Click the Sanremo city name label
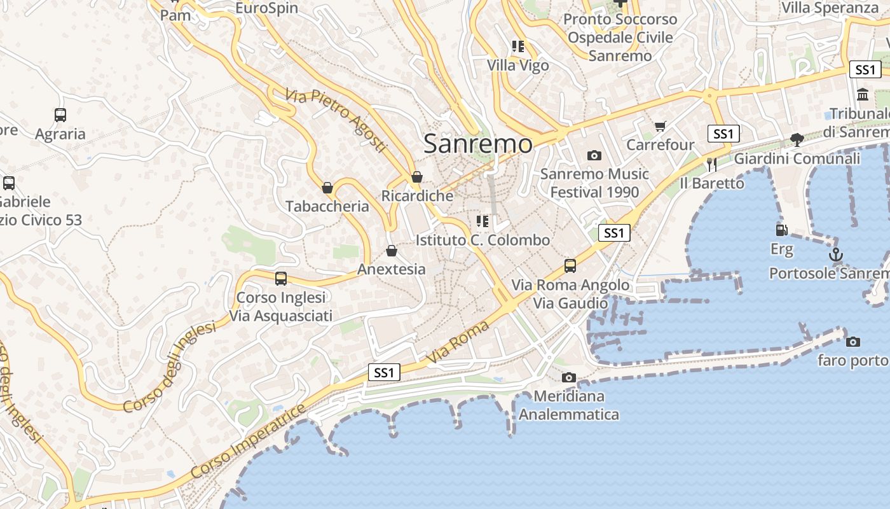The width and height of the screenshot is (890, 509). click(477, 144)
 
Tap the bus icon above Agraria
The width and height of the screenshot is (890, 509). click(60, 115)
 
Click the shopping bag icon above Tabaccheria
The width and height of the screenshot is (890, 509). click(327, 188)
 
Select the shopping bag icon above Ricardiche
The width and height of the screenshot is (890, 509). click(417, 177)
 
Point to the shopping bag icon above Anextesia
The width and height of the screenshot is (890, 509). click(392, 251)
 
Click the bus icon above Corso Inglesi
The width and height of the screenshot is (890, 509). click(281, 279)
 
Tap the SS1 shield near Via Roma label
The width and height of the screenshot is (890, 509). click(384, 372)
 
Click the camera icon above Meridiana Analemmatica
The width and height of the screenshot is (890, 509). click(569, 378)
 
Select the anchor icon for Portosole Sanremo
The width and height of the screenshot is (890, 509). click(835, 255)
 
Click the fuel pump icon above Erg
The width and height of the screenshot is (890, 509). click(781, 230)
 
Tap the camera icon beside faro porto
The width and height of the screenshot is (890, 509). click(853, 342)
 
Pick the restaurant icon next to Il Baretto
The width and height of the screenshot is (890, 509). click(711, 165)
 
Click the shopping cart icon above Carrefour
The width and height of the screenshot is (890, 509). click(661, 127)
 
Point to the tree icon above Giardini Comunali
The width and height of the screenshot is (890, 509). click(797, 139)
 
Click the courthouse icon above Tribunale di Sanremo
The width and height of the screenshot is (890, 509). click(863, 95)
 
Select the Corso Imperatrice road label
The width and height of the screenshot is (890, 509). click(247, 441)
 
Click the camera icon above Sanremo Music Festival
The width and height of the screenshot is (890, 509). click(594, 155)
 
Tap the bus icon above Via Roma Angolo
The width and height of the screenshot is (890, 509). click(570, 266)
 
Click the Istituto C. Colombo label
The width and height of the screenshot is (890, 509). click(483, 241)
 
